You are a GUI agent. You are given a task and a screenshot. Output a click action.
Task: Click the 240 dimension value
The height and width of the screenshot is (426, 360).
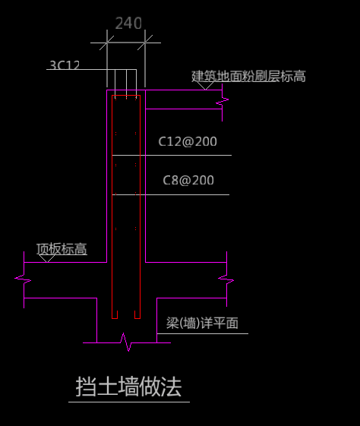click(x=128, y=23)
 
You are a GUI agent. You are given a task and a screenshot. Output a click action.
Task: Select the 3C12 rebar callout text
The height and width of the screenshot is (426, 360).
click(x=65, y=65)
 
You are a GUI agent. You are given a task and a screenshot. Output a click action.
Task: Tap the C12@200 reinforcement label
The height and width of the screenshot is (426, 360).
click(x=188, y=141)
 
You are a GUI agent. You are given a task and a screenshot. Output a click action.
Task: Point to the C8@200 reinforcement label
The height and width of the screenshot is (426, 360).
click(x=188, y=180)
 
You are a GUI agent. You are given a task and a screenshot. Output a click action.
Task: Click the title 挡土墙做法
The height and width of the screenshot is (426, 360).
click(x=128, y=387)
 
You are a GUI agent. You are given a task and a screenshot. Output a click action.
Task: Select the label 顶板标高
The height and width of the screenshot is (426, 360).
click(x=62, y=248)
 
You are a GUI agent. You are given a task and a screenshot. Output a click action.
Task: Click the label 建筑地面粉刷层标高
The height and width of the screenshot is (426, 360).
click(x=248, y=76)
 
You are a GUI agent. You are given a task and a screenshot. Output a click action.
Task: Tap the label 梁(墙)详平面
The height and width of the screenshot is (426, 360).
click(x=202, y=323)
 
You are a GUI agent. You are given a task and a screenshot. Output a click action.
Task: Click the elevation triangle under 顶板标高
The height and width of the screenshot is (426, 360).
click(x=47, y=258)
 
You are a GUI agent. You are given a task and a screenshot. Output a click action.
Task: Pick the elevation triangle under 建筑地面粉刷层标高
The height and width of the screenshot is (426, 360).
click(x=206, y=86)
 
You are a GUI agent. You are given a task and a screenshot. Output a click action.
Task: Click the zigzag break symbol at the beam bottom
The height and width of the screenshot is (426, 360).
click(x=126, y=342)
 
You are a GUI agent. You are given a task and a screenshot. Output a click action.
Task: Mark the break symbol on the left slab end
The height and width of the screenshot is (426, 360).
click(x=24, y=279)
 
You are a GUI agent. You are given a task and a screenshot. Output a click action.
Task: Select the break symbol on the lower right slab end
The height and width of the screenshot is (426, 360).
click(x=226, y=279)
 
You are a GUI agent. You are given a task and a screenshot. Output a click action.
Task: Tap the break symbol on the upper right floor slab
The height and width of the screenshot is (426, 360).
click(x=223, y=102)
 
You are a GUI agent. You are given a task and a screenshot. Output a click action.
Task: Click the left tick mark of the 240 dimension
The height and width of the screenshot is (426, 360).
click(x=107, y=43)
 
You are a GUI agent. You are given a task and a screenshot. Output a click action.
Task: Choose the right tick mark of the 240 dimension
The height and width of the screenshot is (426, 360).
click(x=145, y=43)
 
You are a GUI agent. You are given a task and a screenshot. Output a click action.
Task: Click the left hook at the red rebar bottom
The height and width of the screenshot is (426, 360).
click(x=115, y=316)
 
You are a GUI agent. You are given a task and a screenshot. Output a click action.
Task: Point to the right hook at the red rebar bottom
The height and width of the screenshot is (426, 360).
click(x=137, y=316)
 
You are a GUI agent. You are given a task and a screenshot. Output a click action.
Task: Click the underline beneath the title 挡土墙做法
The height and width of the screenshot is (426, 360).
click(x=129, y=402)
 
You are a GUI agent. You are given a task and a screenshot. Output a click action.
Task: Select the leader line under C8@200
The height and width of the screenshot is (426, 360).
click(x=171, y=194)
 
